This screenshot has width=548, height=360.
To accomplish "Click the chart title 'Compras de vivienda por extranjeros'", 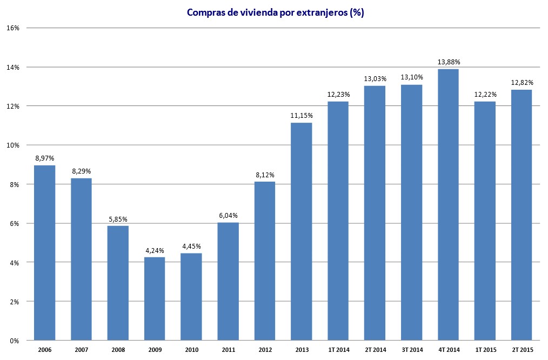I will [275, 12].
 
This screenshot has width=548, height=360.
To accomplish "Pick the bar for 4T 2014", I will [448, 205].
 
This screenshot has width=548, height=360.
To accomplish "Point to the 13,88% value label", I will [448, 62].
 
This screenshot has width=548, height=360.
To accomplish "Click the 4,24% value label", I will [155, 250].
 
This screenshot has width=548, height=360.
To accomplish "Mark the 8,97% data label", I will [44, 158].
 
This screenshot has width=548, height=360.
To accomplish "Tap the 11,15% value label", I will [301, 116].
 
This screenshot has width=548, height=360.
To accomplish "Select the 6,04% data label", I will [228, 215].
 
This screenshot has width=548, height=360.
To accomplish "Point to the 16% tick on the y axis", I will [13, 28].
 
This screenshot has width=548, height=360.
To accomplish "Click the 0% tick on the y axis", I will [15, 341].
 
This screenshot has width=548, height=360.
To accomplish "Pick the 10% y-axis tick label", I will [13, 145].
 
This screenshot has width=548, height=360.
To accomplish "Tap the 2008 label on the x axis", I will [118, 350].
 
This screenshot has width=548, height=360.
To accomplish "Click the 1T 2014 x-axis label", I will [338, 350].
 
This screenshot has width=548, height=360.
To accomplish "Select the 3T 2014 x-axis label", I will [411, 350].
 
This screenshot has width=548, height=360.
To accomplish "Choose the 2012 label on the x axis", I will [265, 350].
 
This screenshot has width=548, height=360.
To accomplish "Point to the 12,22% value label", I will [485, 95].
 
